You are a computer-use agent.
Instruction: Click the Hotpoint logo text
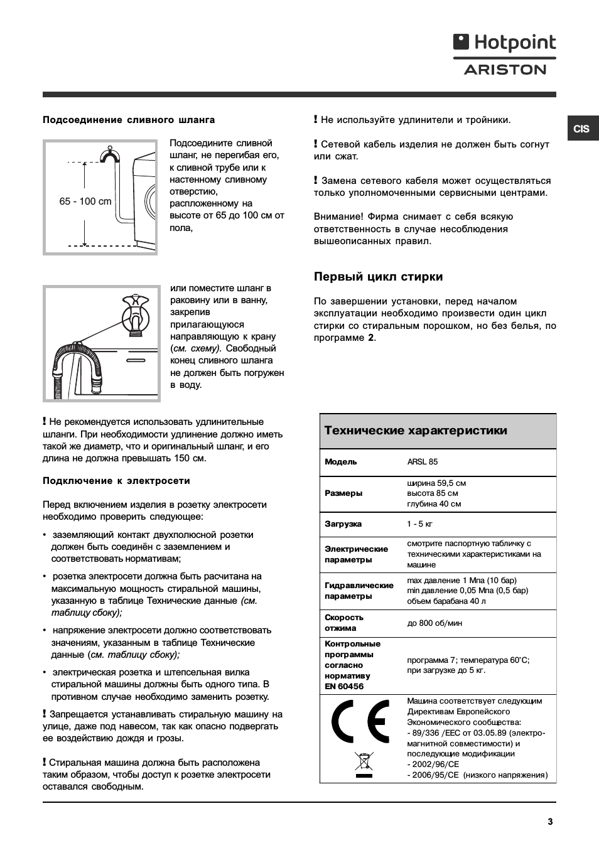coord(514,43)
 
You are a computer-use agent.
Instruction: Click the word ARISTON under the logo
coord(505,70)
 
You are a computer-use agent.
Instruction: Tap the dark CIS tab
coord(581,129)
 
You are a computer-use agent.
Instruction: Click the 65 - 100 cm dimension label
coord(85,201)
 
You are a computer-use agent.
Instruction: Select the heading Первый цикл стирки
coord(378,277)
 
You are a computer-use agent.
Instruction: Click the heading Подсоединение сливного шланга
coord(129,120)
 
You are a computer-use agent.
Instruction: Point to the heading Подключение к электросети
coord(116,481)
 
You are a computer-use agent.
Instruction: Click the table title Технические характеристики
coord(416,431)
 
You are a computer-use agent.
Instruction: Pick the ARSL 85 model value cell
coord(423,462)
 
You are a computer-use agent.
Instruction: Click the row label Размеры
coord(343,493)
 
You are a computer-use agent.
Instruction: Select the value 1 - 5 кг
coord(419,524)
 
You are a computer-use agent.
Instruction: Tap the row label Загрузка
coord(343,524)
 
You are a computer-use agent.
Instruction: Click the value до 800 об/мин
coord(434,623)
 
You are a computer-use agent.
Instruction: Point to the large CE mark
coord(359,724)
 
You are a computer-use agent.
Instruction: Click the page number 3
coord(550,821)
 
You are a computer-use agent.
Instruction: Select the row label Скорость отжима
coord(344,623)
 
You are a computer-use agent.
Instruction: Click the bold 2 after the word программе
coord(371,338)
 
